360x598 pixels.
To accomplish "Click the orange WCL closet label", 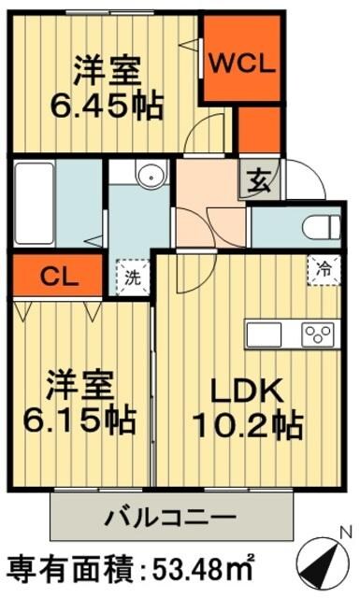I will [x=241, y=64].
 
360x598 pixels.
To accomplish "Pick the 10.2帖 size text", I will [x=246, y=427].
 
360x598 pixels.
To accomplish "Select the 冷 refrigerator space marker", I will [x=323, y=267].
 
